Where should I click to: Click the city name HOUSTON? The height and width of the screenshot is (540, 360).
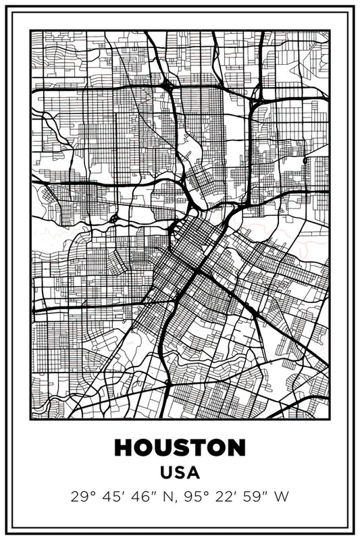(180, 448)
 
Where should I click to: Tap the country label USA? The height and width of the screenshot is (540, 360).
(180, 474)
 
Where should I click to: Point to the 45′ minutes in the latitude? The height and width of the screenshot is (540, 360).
(109, 498)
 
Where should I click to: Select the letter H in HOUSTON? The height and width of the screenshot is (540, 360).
(124, 448)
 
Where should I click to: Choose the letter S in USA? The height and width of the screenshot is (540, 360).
(180, 474)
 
